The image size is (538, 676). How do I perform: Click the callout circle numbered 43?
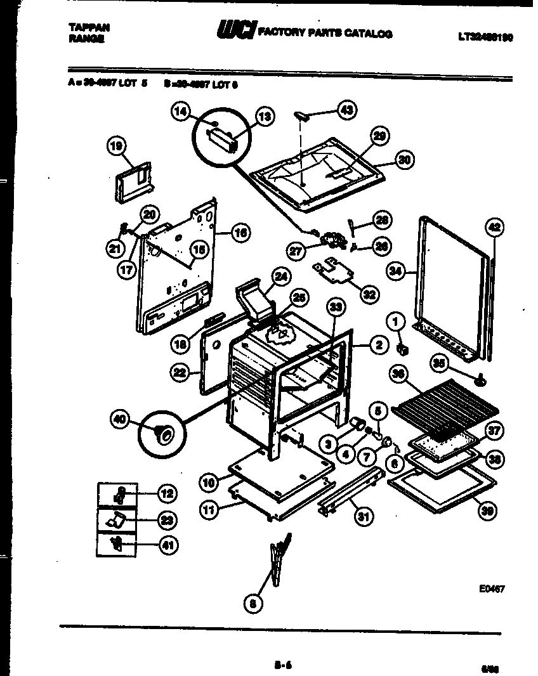tap(346, 110)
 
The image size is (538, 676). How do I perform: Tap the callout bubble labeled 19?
tap(116, 147)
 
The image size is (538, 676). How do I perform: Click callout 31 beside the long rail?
tap(362, 517)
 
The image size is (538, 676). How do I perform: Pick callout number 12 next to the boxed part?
tap(167, 493)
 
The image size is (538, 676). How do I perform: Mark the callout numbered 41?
tap(167, 543)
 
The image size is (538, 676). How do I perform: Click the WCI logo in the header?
tap(237, 30)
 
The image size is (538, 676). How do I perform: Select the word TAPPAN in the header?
tap(88, 27)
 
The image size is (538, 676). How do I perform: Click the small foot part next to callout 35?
tap(482, 380)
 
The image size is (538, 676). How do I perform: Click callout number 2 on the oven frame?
tap(378, 345)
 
